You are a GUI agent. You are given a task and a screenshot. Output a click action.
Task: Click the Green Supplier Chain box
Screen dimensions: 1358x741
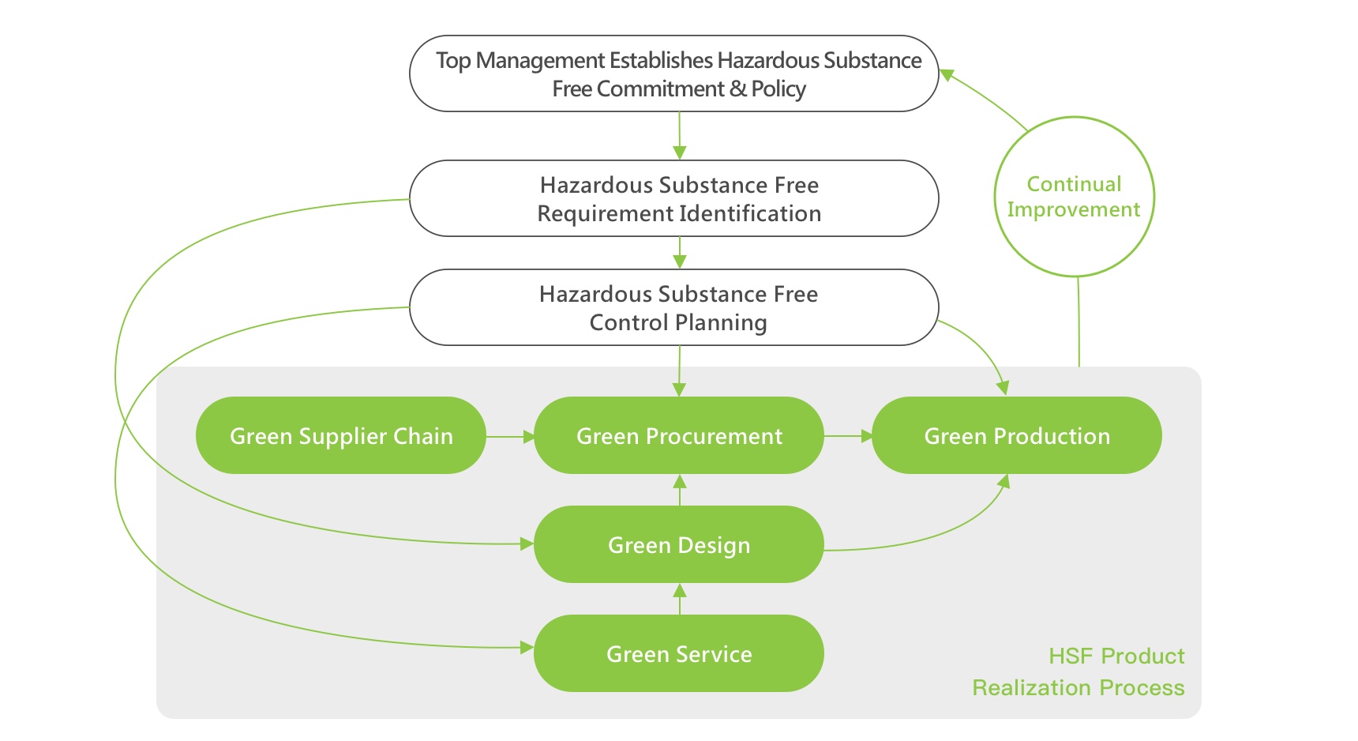[x=340, y=435]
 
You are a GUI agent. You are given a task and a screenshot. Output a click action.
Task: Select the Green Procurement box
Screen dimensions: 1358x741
[x=679, y=435]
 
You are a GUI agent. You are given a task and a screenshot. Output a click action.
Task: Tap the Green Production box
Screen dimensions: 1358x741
[x=1017, y=435]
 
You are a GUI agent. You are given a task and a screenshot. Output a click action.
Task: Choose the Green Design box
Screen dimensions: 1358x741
[x=679, y=544]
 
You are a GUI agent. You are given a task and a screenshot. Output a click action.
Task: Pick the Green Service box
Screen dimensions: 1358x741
[x=679, y=653]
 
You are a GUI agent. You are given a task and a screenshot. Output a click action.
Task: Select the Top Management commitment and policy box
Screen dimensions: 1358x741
[x=674, y=73]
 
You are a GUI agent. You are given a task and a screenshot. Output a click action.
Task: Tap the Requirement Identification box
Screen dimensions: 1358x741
[x=674, y=198]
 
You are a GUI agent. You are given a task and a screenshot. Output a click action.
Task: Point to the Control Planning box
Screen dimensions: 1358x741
[x=674, y=307]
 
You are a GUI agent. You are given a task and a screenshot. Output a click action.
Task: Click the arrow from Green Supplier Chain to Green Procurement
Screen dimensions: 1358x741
[x=510, y=436]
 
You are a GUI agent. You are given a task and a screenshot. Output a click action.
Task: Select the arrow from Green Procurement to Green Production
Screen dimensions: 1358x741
[x=848, y=436]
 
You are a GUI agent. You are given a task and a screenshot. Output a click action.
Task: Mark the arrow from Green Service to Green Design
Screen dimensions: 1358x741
[x=680, y=599]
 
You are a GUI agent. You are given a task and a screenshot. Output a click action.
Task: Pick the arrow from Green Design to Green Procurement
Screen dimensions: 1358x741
[x=680, y=490]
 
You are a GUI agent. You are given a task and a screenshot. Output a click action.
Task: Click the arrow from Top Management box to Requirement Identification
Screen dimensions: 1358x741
[x=680, y=136]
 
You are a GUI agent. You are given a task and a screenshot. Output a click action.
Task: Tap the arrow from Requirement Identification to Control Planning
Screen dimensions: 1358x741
[x=680, y=253]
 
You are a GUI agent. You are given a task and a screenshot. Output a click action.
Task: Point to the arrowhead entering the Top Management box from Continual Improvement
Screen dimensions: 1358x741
[x=947, y=76]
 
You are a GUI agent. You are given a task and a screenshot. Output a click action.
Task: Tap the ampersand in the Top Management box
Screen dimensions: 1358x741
[x=737, y=88]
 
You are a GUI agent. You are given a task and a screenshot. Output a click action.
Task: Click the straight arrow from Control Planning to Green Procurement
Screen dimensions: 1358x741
[x=680, y=371]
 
